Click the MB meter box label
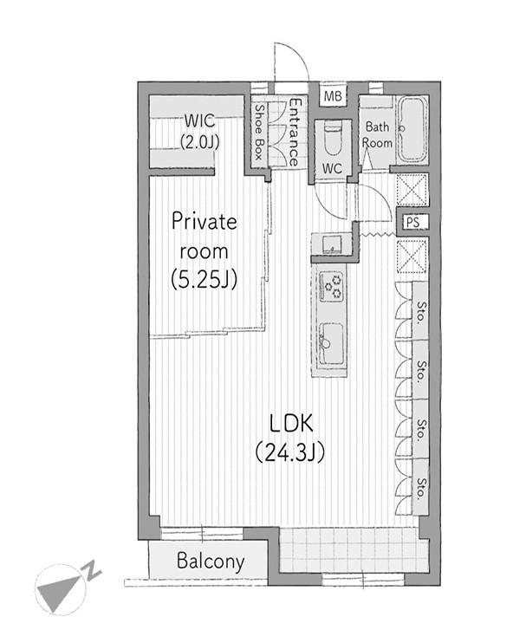333,96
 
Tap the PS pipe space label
412,222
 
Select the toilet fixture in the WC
332,138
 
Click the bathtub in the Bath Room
412,130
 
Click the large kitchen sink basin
331,343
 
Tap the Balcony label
211,561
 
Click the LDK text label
291,423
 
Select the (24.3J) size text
290,452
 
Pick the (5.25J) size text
204,280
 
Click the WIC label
199,120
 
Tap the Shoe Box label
259,132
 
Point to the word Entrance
295,132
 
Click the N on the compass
93,570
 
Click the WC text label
332,168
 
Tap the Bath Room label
377,135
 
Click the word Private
205,222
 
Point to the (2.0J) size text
199,142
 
